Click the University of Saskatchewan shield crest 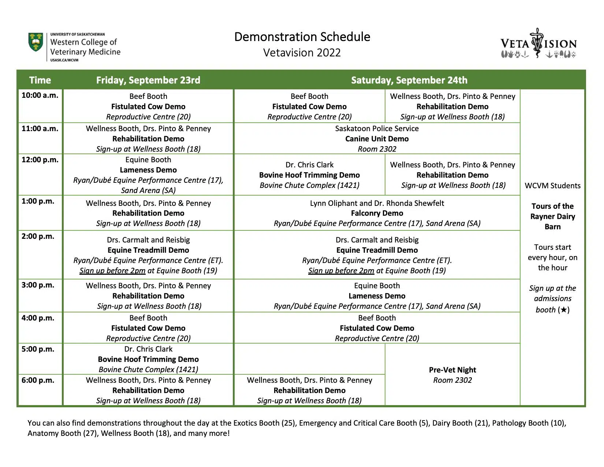(36, 42)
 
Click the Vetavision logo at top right (538, 43)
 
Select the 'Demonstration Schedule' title (302, 37)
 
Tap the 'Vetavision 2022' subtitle (302, 53)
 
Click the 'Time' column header (40, 80)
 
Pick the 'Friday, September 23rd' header (148, 80)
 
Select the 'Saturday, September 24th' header (409, 80)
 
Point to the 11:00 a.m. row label (40, 129)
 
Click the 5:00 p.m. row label (38, 349)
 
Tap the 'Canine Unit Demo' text (377, 139)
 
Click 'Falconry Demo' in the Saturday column (377, 213)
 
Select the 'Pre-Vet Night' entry (452, 370)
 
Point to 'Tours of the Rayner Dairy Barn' (552, 216)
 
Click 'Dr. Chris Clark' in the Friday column (148, 349)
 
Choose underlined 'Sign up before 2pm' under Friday (112, 271)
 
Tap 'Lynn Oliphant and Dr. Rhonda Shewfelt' (377, 203)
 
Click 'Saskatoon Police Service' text (377, 129)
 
